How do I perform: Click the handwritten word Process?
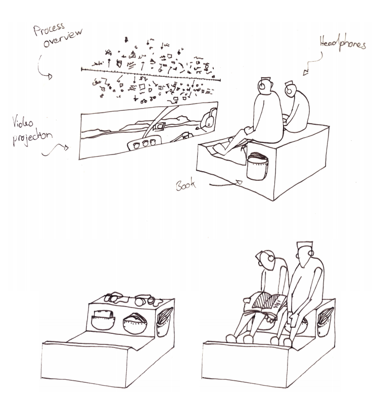49,29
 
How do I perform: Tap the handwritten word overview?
63,38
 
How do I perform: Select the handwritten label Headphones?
343,42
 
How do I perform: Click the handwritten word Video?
23,122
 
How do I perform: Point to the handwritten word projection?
32,138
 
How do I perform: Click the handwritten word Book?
186,185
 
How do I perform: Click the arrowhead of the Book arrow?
239,182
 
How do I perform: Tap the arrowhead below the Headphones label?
306,72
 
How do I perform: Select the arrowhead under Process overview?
50,76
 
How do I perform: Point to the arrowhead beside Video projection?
66,147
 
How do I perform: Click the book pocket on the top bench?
257,166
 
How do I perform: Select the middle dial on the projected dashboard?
145,143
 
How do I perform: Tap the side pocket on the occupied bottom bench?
324,322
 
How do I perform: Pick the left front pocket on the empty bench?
103,320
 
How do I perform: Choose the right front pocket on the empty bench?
135,323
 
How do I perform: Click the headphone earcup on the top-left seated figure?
262,86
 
